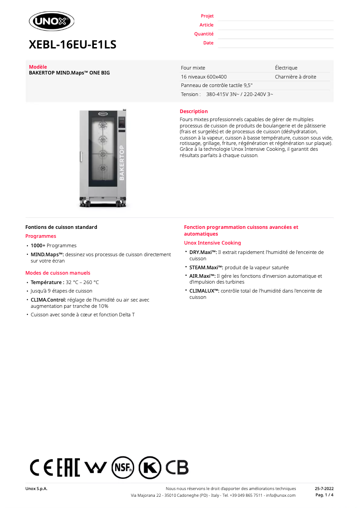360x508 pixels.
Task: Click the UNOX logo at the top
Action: pos(52,21)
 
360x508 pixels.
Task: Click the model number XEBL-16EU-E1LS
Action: pos(72,44)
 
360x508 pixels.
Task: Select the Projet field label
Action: pos(207,16)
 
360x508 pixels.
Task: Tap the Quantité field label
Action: pos(204,34)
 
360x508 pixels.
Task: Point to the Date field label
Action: pos(208,43)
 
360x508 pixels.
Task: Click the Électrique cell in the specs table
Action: pos(286,68)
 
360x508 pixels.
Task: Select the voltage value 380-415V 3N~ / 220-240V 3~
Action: pos(239,94)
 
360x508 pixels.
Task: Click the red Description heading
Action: pos(193,111)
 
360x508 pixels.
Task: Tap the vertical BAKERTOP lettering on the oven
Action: pos(121,162)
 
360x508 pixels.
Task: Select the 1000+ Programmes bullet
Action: pos(53,245)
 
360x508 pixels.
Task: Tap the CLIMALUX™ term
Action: pos(204,291)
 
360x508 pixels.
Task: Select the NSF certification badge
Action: pos(123,468)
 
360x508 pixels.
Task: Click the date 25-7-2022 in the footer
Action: pos(324,488)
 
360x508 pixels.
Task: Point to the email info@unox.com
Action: pos(281,495)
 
